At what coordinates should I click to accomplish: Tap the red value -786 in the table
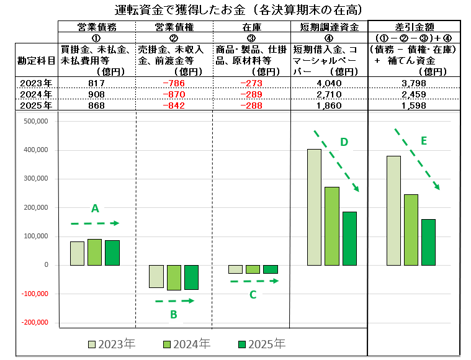[173, 83]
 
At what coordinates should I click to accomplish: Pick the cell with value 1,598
[414, 105]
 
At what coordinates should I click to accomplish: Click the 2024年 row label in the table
[37, 94]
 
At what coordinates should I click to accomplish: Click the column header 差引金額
[414, 26]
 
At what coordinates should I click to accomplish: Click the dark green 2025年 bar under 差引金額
[428, 242]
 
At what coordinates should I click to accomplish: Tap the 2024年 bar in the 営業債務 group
[94, 252]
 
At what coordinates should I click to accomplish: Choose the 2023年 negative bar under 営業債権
[156, 276]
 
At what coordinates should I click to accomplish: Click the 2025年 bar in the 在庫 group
[271, 269]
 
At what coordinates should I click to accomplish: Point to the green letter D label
[344, 142]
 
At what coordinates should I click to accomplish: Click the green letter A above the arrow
[95, 209]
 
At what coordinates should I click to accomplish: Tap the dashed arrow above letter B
[174, 301]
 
